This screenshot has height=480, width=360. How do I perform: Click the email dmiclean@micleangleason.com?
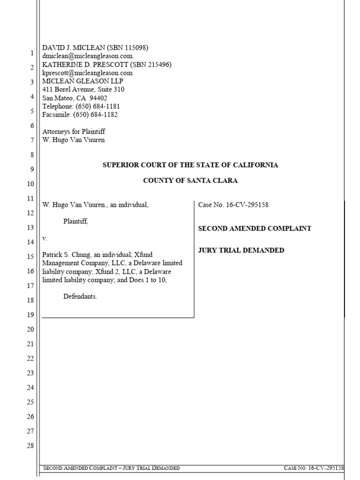pyautogui.click(x=88, y=56)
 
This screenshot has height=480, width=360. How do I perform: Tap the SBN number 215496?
pyautogui.click(x=158, y=64)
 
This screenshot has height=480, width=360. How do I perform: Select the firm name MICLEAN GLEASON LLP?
pyautogui.click(x=83, y=81)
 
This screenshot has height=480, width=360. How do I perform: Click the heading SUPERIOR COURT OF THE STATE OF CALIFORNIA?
pyautogui.click(x=190, y=165)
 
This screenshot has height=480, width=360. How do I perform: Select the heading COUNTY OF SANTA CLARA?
pyautogui.click(x=190, y=180)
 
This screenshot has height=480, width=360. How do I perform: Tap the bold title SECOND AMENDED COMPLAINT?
pyautogui.click(x=255, y=228)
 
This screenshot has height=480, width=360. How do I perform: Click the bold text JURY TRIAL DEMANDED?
pyautogui.click(x=241, y=250)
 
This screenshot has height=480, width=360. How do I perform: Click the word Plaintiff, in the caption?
pyautogui.click(x=75, y=222)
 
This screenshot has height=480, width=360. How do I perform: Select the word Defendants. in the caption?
pyautogui.click(x=80, y=297)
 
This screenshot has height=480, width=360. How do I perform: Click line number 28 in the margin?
pyautogui.click(x=30, y=445)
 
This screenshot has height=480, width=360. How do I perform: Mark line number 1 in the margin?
pyautogui.click(x=32, y=53)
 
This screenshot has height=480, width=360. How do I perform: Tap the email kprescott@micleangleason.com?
pyautogui.click(x=87, y=73)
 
